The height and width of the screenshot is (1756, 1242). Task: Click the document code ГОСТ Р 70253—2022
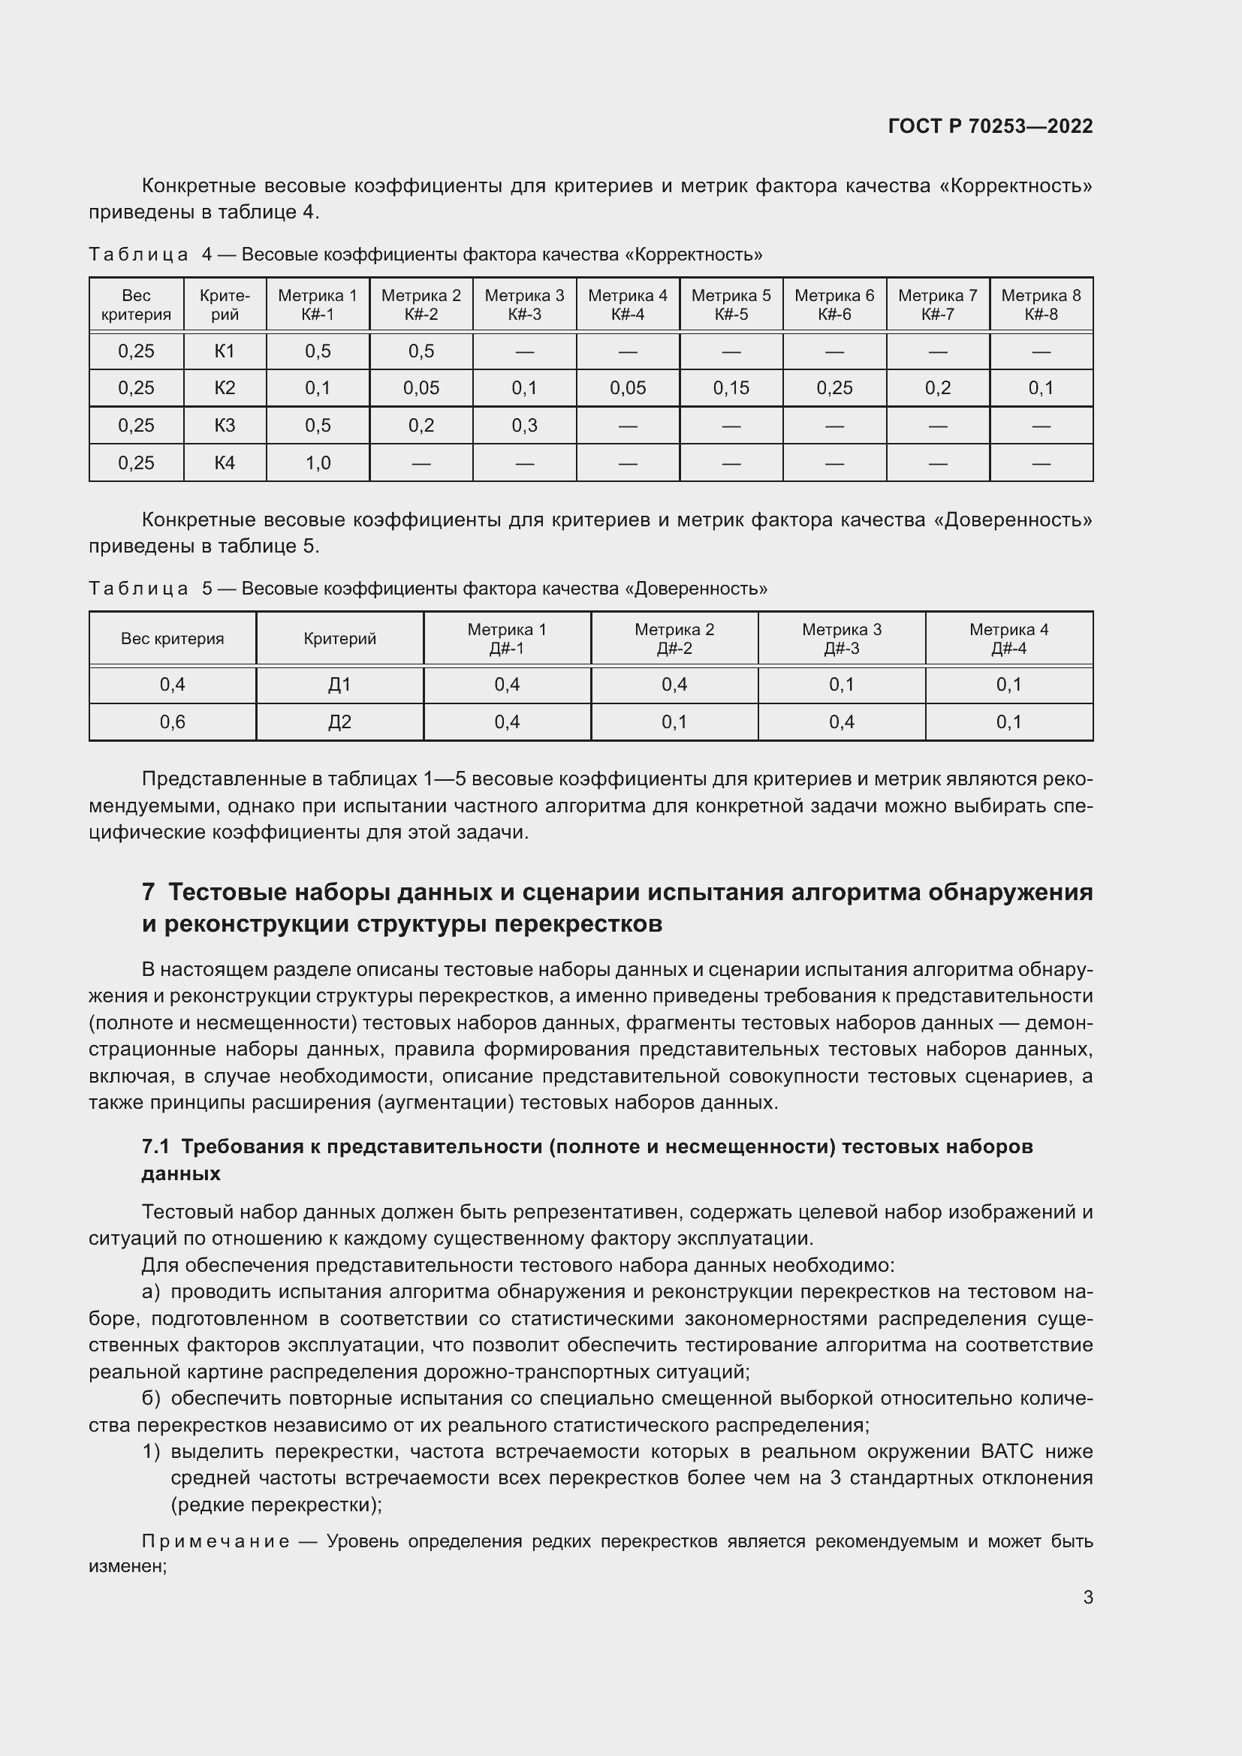click(990, 126)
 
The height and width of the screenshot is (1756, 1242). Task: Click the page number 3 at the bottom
click(1087, 1597)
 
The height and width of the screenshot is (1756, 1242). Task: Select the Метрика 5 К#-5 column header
click(731, 304)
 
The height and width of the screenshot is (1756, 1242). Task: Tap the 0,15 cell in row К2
click(731, 387)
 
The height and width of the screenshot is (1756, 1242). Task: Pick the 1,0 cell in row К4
click(318, 462)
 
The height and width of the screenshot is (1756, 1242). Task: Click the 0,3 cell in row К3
click(524, 425)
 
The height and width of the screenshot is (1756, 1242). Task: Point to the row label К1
click(224, 351)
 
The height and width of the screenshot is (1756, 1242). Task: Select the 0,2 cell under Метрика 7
click(938, 387)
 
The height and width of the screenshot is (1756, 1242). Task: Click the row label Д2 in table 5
click(339, 722)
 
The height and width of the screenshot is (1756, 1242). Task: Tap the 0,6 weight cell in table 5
click(172, 722)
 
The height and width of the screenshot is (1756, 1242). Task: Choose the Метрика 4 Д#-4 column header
click(1008, 639)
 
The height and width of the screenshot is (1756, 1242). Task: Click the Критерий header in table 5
click(339, 639)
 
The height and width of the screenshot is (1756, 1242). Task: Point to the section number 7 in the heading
click(149, 893)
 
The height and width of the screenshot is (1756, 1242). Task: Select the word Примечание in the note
click(216, 1541)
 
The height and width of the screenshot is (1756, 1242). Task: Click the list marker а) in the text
click(151, 1292)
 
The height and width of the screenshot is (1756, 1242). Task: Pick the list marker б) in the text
click(151, 1398)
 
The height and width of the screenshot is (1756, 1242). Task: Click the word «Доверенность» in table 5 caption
click(696, 589)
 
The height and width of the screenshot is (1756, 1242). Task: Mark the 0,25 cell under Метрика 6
click(834, 387)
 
